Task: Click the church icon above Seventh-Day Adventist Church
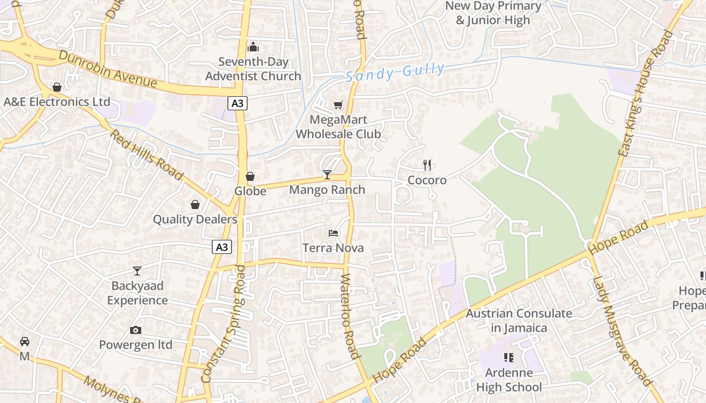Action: coord(253,47)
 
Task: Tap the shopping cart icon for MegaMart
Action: coord(338,105)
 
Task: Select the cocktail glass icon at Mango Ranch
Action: coord(327,175)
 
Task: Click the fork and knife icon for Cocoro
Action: coord(427,165)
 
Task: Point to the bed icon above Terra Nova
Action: coord(333,233)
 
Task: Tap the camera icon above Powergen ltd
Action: coord(135,330)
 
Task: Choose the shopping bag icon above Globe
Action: coord(250,176)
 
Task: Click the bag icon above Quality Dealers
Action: coord(195,205)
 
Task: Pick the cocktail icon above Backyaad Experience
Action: coord(137,271)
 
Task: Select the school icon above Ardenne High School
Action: coord(509,358)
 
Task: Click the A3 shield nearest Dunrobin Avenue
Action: coord(238,104)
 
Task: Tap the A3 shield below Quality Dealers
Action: coord(222,247)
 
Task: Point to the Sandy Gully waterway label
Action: coord(395,72)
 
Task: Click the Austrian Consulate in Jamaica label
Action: coord(519,320)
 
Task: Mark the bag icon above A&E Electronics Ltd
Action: coord(57,87)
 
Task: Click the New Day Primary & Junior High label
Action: coord(493,13)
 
